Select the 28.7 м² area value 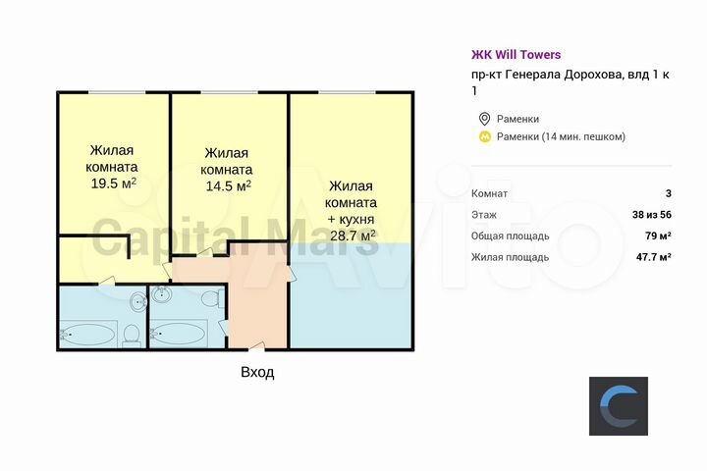pyautogui.click(x=352, y=235)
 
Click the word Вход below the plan pyautogui.click(x=257, y=373)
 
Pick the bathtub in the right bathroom pyautogui.click(x=181, y=335)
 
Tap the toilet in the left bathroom pyautogui.click(x=130, y=335)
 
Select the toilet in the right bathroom pyautogui.click(x=210, y=299)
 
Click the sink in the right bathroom pyautogui.click(x=162, y=294)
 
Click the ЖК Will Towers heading pyautogui.click(x=516, y=55)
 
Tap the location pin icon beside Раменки pyautogui.click(x=483, y=119)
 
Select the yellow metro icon pyautogui.click(x=483, y=136)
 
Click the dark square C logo pyautogui.click(x=619, y=405)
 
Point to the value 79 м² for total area pyautogui.click(x=656, y=235)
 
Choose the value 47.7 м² pyautogui.click(x=651, y=257)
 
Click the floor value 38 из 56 pyautogui.click(x=651, y=214)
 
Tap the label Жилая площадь pyautogui.click(x=510, y=257)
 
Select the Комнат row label pyautogui.click(x=489, y=192)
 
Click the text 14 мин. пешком pyautogui.click(x=583, y=136)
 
